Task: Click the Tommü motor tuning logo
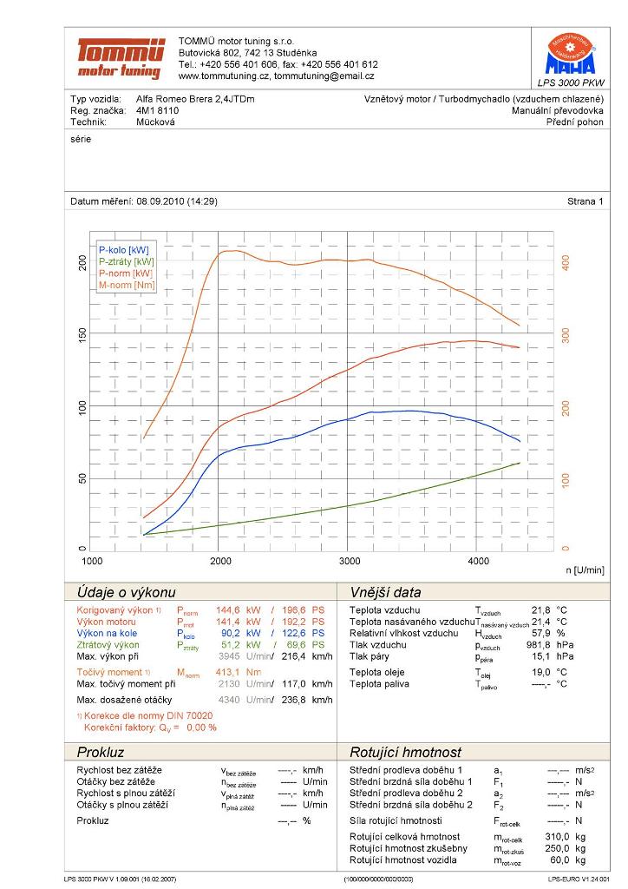tap(120, 58)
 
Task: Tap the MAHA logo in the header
tap(570, 55)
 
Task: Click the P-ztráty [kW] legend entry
tap(127, 261)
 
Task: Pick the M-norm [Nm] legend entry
tap(127, 285)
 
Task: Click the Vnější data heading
tap(385, 593)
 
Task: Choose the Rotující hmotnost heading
tap(405, 752)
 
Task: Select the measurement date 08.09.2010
tap(164, 201)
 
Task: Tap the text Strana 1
tap(585, 201)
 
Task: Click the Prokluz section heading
tap(101, 752)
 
